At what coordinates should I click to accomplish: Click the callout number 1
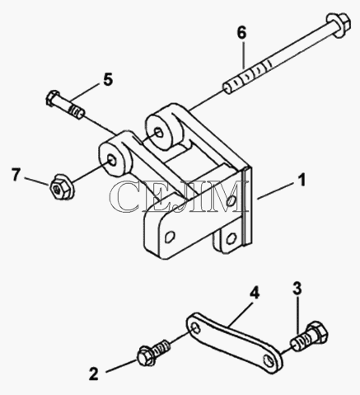(x=302, y=181)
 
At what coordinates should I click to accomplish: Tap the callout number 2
(x=94, y=374)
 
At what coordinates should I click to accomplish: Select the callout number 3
(x=297, y=289)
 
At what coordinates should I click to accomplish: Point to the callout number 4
(x=255, y=293)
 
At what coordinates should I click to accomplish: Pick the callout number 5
(x=108, y=80)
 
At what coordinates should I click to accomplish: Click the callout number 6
(x=242, y=33)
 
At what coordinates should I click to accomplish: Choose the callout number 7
(x=16, y=175)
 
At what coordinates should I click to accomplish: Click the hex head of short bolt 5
(x=53, y=97)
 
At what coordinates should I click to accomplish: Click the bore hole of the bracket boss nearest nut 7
(x=111, y=160)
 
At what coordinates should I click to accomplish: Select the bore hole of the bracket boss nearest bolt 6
(x=159, y=133)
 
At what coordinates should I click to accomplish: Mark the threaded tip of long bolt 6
(x=227, y=89)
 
